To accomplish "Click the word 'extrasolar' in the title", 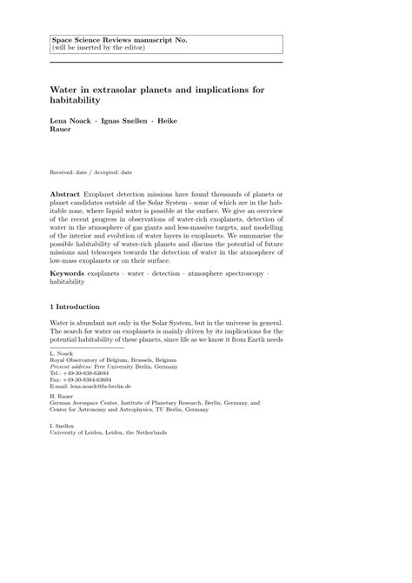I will coord(117,90).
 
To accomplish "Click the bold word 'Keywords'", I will coord(68,273).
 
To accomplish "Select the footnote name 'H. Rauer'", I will coord(62,397).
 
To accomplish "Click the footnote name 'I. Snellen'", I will coord(63,426).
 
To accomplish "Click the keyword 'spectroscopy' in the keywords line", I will coord(240,273).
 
